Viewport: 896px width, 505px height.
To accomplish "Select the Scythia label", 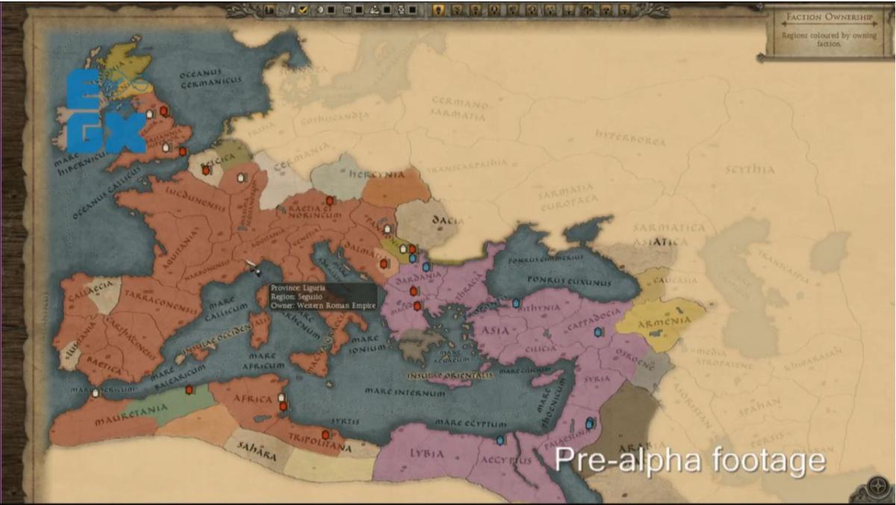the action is click(750, 169).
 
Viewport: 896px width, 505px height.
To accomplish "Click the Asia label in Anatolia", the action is click(496, 330).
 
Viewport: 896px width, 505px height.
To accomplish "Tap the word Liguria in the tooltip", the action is click(315, 287).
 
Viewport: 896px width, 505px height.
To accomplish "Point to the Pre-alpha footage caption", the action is click(689, 459).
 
